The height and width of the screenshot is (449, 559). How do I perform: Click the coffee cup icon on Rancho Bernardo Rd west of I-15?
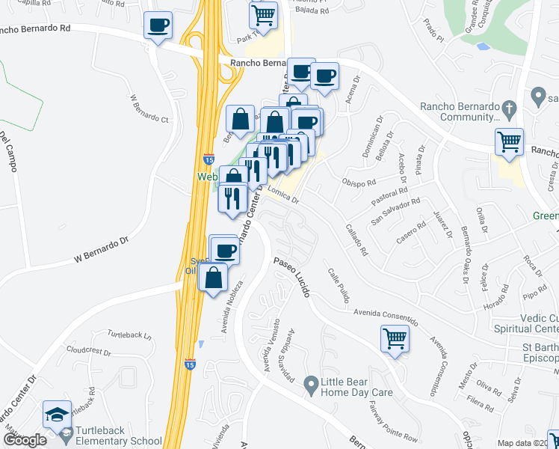coord(158,26)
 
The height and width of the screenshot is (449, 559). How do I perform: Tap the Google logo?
coord(25,440)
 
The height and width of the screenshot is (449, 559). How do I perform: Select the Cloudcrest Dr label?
coord(88,350)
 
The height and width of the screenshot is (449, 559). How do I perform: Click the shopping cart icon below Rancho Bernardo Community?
coord(509,141)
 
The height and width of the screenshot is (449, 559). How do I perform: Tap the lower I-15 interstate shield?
coord(190,364)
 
